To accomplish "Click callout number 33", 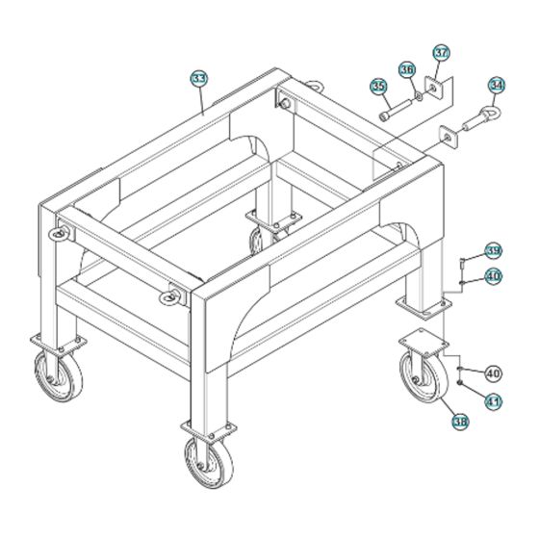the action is pyautogui.click(x=199, y=79).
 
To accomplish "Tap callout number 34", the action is pyautogui.click(x=497, y=86).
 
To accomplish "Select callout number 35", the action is pyautogui.click(x=378, y=86).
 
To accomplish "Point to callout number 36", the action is pyautogui.click(x=407, y=70).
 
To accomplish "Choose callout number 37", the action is pyautogui.click(x=442, y=53).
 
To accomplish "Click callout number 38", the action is pyautogui.click(x=460, y=422).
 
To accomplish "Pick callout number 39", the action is pyautogui.click(x=493, y=251).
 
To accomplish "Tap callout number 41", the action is pyautogui.click(x=493, y=401).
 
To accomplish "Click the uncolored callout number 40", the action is pyautogui.click(x=493, y=373).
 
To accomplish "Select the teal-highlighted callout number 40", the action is pyautogui.click(x=493, y=276).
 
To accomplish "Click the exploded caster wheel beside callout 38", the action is pyautogui.click(x=423, y=377).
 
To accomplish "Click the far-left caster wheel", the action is pyautogui.click(x=59, y=376).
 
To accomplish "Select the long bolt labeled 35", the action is pyautogui.click(x=396, y=110).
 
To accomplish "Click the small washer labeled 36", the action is pyautogui.click(x=419, y=96).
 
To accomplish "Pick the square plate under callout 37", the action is pyautogui.click(x=434, y=88).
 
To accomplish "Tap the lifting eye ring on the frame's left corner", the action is pyautogui.click(x=59, y=234).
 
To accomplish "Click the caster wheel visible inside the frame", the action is pyautogui.click(x=256, y=242).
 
